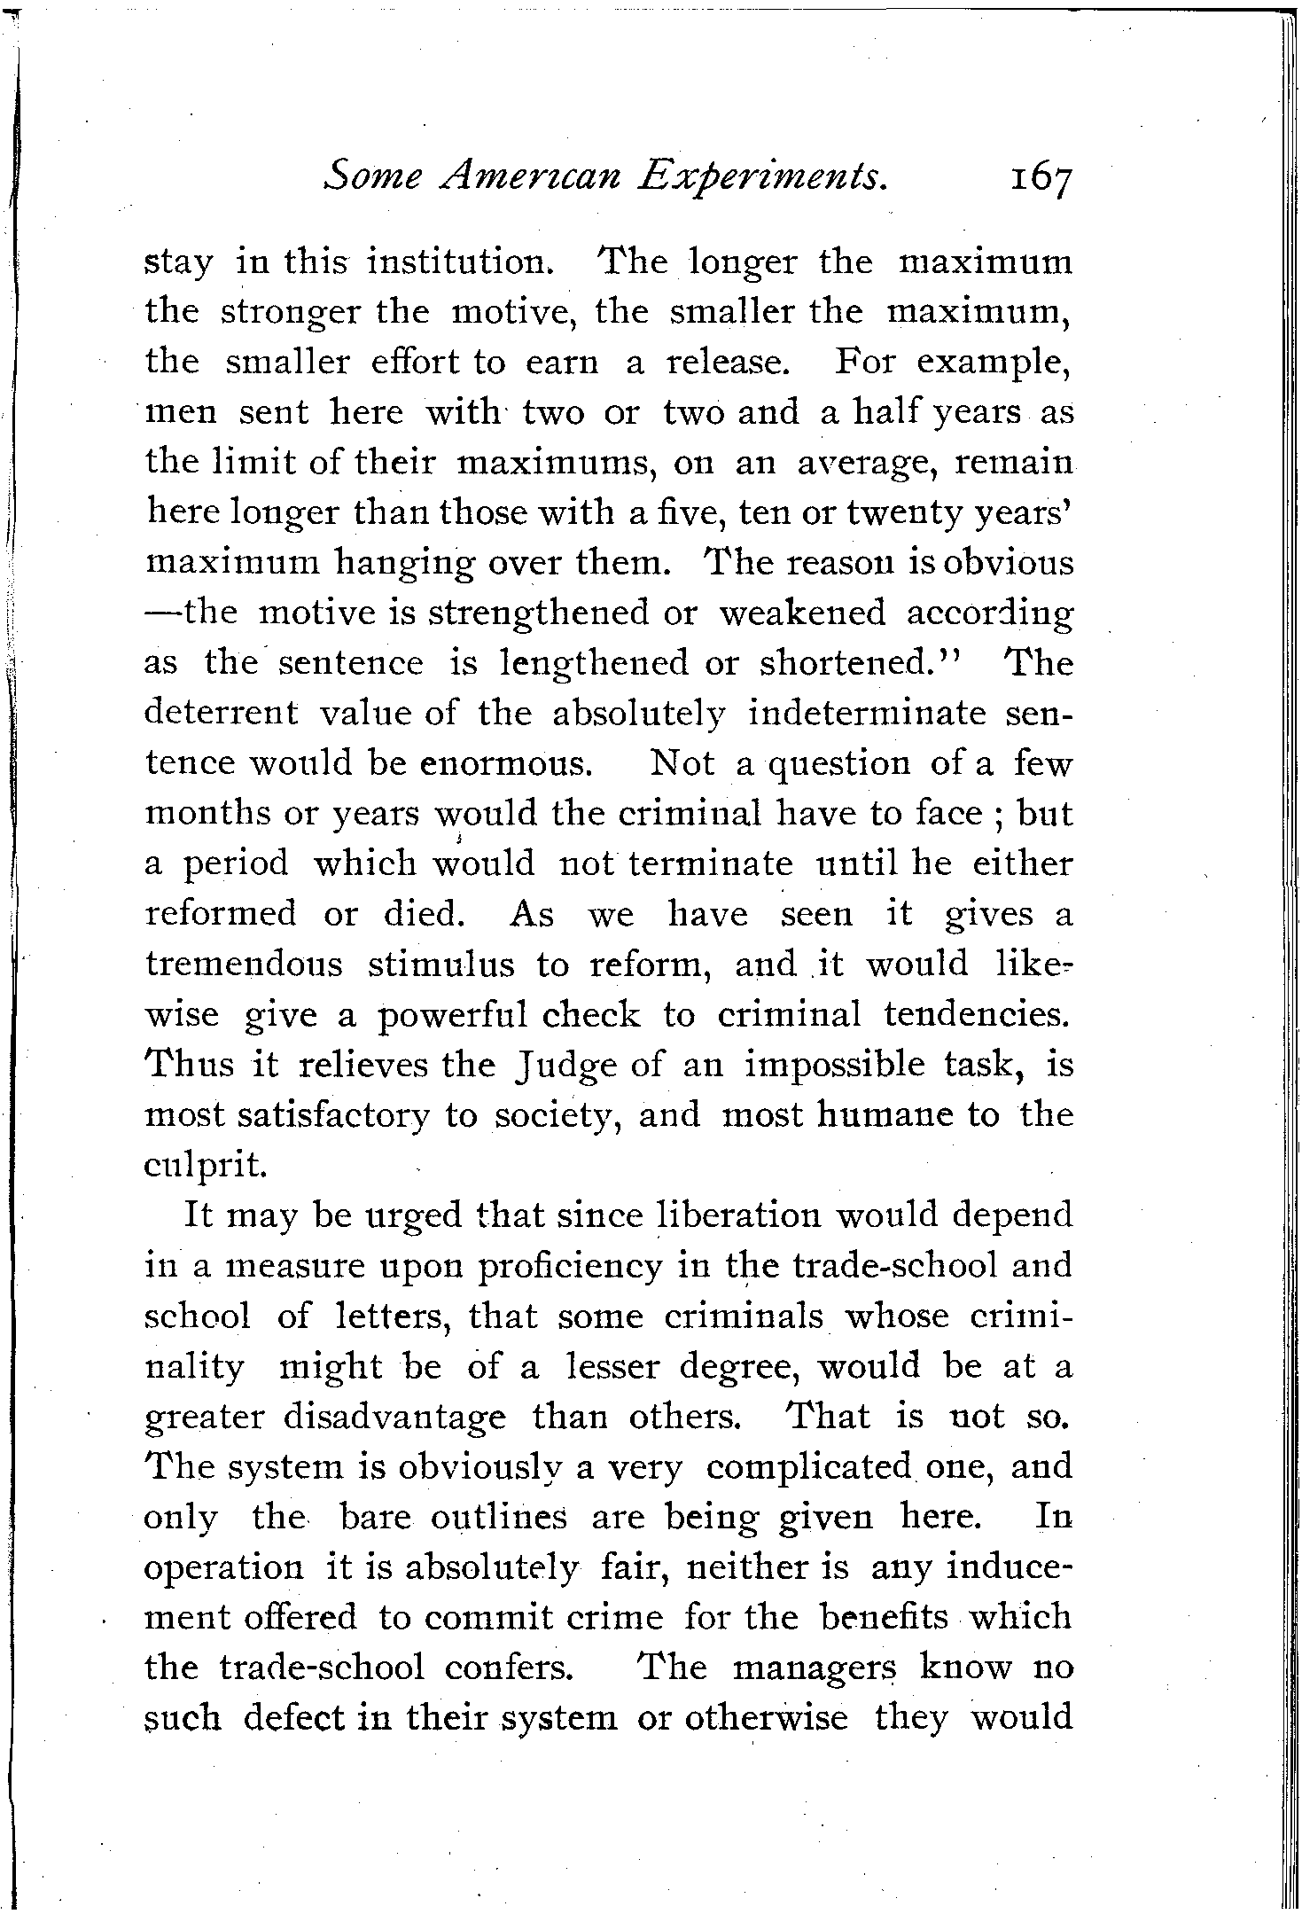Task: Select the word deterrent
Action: click(221, 714)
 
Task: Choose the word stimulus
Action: click(440, 965)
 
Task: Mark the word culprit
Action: click(205, 1165)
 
